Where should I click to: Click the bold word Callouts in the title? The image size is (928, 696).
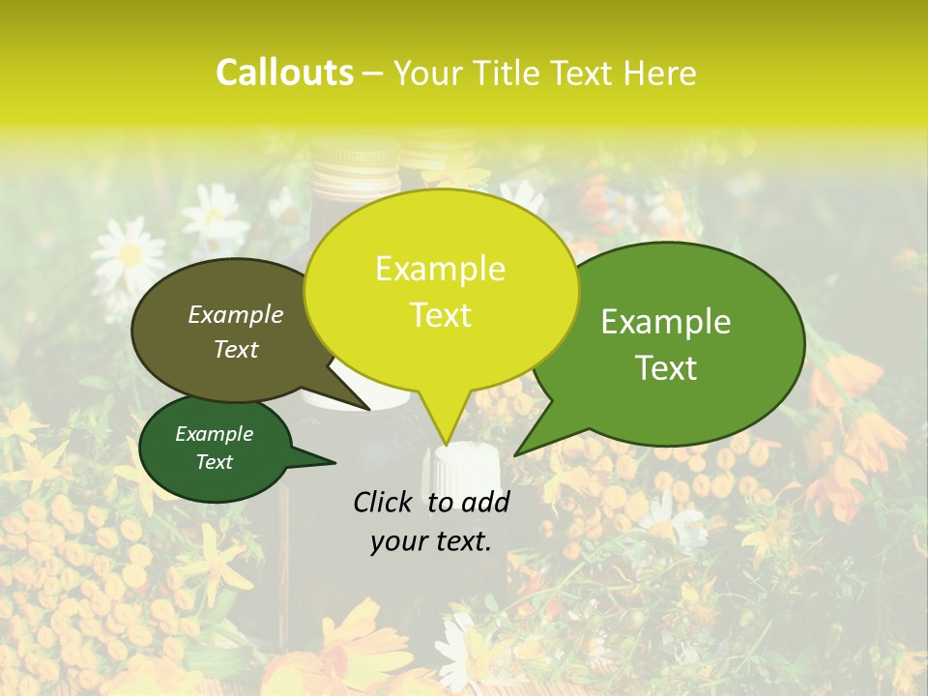284,72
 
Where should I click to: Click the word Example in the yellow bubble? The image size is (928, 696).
440,269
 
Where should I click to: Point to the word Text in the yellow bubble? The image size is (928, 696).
440,315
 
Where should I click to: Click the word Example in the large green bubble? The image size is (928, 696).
666,322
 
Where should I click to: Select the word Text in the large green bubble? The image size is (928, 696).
666,367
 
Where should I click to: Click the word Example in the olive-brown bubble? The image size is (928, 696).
236,314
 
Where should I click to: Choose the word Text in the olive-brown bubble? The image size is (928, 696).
236,349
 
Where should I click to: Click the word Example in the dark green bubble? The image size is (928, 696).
214,434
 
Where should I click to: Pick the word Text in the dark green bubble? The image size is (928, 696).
214,462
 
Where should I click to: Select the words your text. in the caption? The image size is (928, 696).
431,541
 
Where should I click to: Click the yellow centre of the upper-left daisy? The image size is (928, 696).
130,255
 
